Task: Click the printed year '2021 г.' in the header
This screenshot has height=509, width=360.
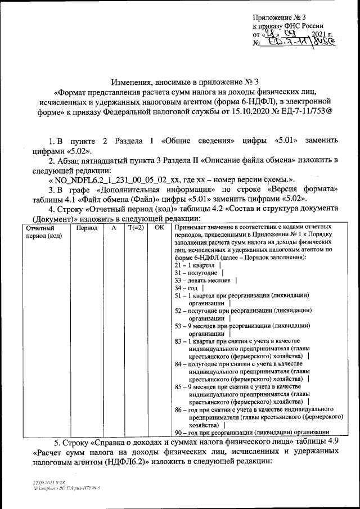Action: click(x=314, y=34)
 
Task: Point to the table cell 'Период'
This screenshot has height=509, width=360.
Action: click(x=87, y=228)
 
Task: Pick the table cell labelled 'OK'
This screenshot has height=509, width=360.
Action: click(x=160, y=228)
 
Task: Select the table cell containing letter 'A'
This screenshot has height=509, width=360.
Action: click(x=114, y=228)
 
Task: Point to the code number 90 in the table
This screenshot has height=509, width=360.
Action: click(x=178, y=433)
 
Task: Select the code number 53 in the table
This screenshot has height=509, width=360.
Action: click(x=178, y=326)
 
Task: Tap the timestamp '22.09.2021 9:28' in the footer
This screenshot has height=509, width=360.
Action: click(x=48, y=483)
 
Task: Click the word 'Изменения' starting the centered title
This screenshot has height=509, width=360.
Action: click(x=130, y=82)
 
